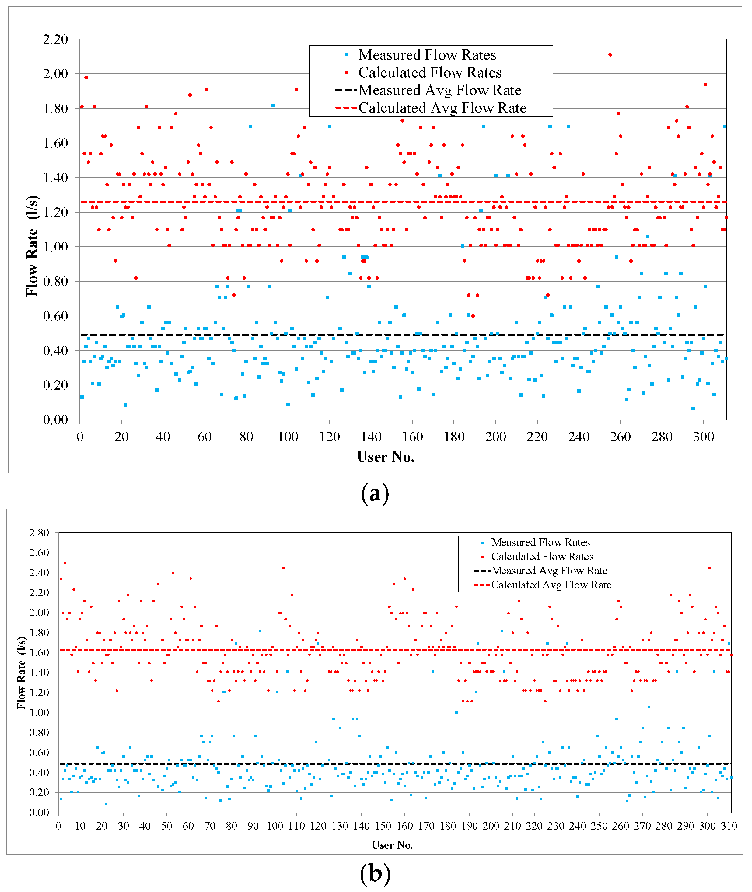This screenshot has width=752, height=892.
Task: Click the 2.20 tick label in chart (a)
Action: point(55,39)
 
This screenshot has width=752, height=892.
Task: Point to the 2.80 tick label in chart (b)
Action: point(39,532)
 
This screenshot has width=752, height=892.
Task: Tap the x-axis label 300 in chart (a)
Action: point(703,436)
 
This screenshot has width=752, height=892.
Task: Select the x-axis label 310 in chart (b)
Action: point(729,826)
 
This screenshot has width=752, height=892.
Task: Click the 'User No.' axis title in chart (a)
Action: point(385,457)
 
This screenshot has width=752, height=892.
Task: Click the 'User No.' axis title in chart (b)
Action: point(392,845)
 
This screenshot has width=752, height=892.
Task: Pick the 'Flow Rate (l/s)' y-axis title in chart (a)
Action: point(32,246)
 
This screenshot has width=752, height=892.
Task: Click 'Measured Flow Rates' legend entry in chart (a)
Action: point(427,55)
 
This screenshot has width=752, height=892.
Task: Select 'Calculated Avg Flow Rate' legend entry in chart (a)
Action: point(442,108)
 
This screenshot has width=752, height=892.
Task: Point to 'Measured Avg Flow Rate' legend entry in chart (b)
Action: point(549,571)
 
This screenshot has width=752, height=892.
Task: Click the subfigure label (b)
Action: point(375,874)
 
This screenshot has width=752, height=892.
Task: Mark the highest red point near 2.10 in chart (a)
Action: point(610,55)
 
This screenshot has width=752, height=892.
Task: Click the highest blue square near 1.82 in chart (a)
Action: point(273,105)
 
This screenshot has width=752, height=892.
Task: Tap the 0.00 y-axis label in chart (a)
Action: point(55,420)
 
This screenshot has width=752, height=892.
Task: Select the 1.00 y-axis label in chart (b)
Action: point(39,712)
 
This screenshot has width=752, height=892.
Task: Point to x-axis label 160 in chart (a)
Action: point(413,436)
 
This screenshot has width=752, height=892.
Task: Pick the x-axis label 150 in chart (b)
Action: point(383,826)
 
